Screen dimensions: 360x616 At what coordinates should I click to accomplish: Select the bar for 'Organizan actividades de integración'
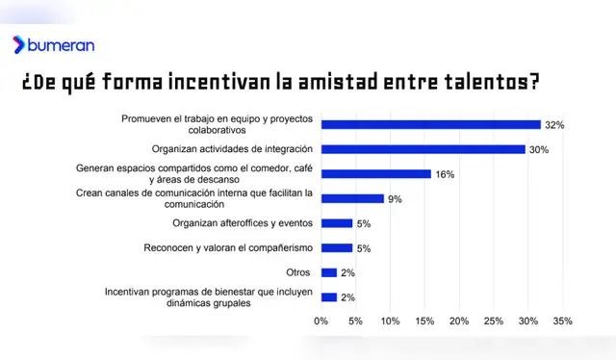(x=423, y=149)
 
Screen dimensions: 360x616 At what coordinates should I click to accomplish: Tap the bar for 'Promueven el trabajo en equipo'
(x=430, y=124)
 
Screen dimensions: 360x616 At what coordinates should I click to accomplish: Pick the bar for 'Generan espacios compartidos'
(x=375, y=174)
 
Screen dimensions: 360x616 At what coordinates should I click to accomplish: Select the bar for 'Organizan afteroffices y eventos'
(x=337, y=223)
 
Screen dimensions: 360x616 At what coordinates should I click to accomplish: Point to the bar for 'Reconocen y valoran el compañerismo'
(x=337, y=248)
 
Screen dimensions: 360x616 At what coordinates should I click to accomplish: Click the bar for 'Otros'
(x=328, y=272)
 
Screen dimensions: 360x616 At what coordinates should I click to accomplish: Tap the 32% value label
(x=553, y=125)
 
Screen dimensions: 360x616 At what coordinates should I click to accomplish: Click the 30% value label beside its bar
(x=538, y=150)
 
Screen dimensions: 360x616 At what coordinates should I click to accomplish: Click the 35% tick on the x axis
(x=562, y=321)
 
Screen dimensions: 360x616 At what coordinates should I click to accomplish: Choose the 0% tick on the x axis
(x=321, y=321)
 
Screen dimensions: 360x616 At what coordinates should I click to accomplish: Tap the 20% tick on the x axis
(x=459, y=321)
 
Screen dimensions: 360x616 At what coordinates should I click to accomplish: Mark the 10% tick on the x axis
(x=390, y=321)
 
